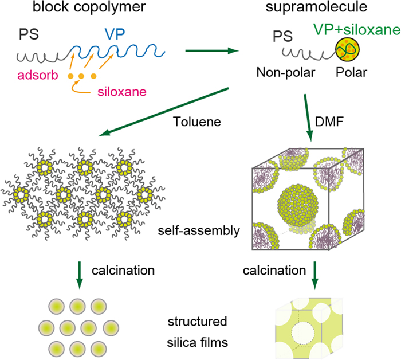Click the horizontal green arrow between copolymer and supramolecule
212,52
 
